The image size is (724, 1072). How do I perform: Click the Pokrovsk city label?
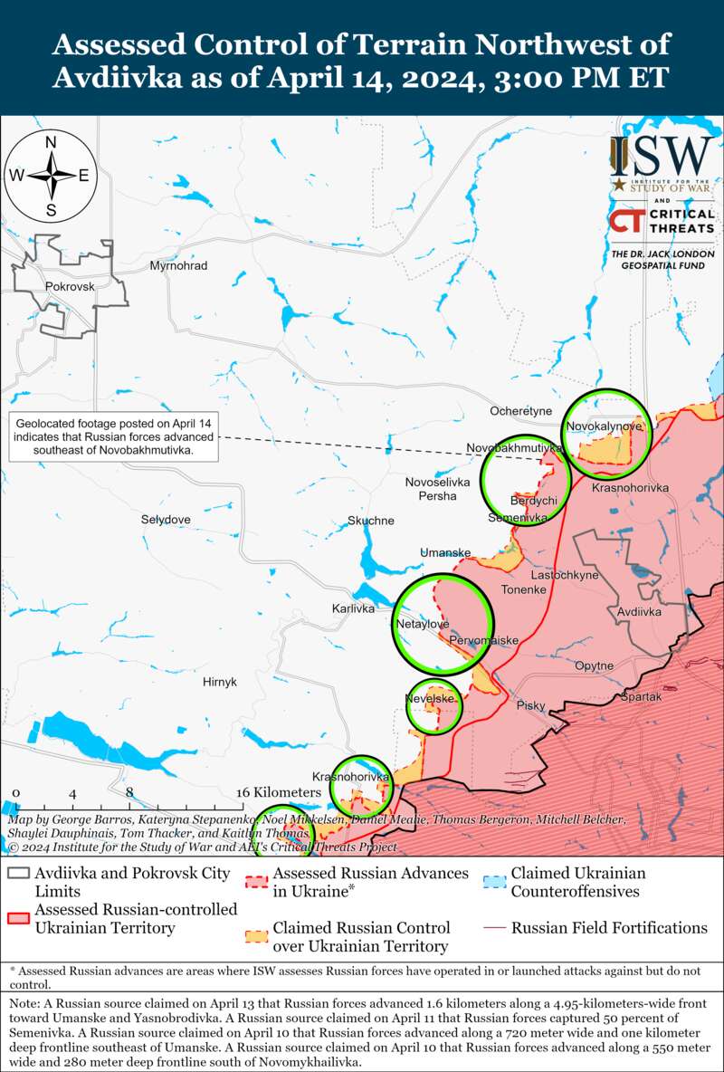coord(69,286)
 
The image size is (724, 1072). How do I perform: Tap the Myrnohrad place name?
coord(178,266)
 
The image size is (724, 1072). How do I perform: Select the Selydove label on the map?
coord(166,520)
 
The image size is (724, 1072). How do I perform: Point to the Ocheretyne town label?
coord(520,411)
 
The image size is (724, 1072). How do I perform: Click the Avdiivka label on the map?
coord(640,612)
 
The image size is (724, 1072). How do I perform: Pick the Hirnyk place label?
coord(220,682)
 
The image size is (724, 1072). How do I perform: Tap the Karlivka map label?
coord(353,608)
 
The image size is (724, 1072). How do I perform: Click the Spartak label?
coord(642,696)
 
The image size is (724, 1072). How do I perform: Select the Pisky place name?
coord(530,704)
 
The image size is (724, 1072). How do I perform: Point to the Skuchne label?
coord(371,521)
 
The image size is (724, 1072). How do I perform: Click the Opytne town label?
coord(594,666)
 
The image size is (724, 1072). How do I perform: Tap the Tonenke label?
coord(524,589)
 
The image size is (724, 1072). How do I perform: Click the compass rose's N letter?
coord(52,142)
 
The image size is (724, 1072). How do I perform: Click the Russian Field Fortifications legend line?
coord(494,928)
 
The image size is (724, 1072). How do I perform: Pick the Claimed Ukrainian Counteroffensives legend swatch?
coord(494,882)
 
